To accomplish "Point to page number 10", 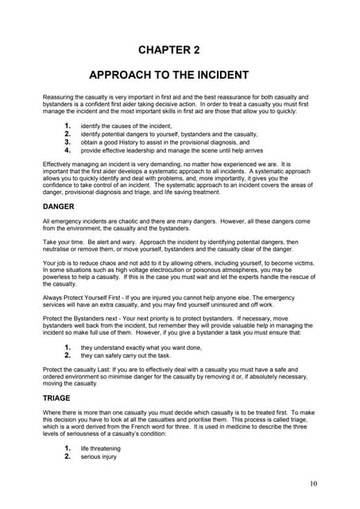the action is coord(315,483).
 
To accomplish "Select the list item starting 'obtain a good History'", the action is coord(159,142).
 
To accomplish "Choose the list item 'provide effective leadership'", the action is coord(171,150).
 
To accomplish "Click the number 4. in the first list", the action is coord(68,150).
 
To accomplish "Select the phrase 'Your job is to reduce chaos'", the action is coord(83,260).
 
